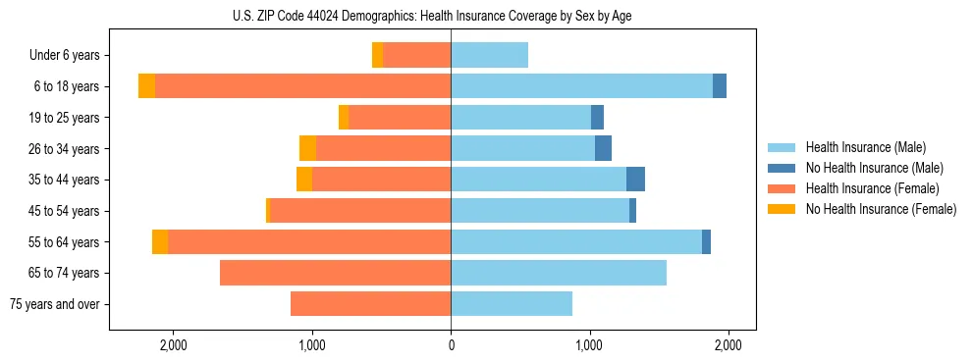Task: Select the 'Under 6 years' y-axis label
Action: (x=71, y=55)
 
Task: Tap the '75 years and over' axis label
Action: (x=60, y=304)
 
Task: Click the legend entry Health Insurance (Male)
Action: (x=865, y=147)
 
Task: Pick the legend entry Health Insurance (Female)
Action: (x=872, y=188)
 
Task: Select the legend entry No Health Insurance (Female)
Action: (x=881, y=209)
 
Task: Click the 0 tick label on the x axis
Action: (x=451, y=344)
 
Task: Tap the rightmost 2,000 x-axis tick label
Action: (x=728, y=344)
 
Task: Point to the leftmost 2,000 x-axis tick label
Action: (x=173, y=344)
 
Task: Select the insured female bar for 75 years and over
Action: (x=370, y=304)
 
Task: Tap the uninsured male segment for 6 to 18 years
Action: (x=720, y=86)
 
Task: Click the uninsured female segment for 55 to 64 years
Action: (x=160, y=242)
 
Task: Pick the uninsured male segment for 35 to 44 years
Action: (x=635, y=180)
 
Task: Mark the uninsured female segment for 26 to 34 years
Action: (x=307, y=148)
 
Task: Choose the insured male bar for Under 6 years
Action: (x=489, y=55)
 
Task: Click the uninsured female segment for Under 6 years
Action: (x=377, y=55)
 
